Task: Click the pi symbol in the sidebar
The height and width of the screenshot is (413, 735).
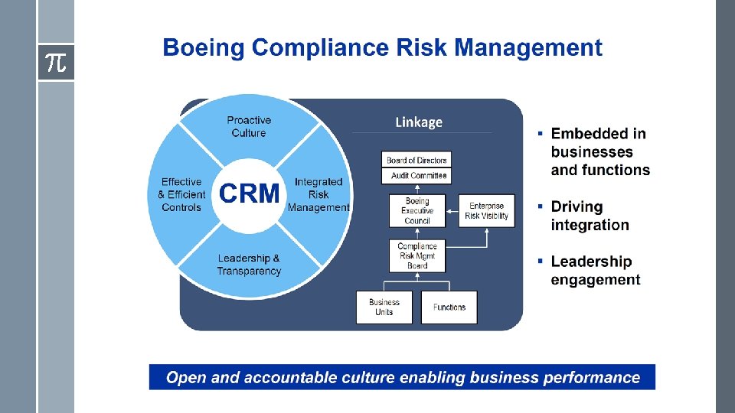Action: (56, 63)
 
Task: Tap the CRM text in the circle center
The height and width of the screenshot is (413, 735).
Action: (249, 193)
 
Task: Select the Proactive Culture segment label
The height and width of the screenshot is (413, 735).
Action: (249, 126)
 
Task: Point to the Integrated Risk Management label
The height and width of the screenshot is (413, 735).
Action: (318, 194)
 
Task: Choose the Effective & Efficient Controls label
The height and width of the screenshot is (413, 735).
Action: (181, 194)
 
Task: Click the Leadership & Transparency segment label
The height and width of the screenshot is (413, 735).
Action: (249, 265)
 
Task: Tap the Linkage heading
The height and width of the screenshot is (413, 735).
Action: (419, 122)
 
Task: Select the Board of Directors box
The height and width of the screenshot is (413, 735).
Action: (417, 160)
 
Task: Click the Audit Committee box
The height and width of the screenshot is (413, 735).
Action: (417, 176)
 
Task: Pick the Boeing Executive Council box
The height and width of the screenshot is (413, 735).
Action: (417, 210)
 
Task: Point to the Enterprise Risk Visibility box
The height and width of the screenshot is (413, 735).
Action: (487, 210)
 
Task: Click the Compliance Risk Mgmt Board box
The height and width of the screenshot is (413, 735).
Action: (417, 255)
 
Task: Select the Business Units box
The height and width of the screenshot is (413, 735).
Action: (384, 307)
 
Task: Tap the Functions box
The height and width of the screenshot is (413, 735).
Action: (449, 307)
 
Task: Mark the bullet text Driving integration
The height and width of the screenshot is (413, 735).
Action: (590, 216)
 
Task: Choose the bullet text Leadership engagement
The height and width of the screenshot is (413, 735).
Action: (596, 271)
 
